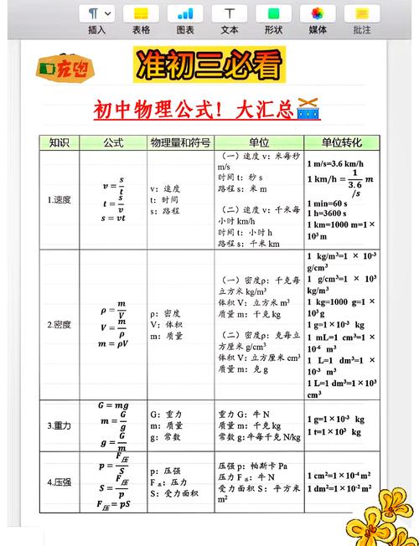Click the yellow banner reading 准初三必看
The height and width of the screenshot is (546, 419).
pyautogui.click(x=209, y=64)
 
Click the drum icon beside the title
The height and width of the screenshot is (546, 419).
pyautogui.click(x=308, y=110)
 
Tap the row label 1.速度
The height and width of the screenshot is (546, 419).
pyautogui.click(x=59, y=199)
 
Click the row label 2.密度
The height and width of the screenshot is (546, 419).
pyautogui.click(x=59, y=324)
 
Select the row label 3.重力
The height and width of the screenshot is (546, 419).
pyautogui.click(x=59, y=426)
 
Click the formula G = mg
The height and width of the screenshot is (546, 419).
pyautogui.click(x=114, y=405)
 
